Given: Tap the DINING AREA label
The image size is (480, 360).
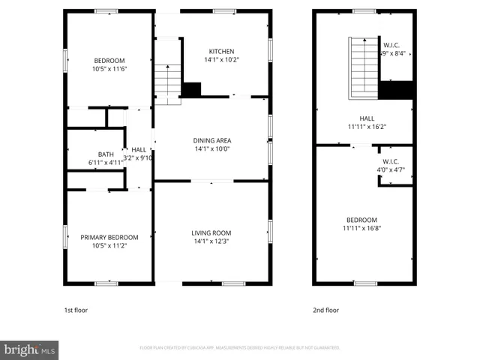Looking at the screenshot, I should pos(211,140).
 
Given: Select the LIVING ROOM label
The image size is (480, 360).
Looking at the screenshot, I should pos(211,232).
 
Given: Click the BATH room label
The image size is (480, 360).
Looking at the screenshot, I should pos(106,154).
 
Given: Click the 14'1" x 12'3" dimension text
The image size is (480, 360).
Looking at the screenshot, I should pos(211,241).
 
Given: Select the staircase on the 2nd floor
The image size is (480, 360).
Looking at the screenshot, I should pos(364,67).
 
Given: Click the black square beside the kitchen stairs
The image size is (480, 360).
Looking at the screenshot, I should pos(192,89).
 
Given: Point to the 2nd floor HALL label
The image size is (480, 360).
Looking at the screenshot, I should pos(367,118).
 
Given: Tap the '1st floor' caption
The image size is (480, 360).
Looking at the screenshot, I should pos(76,310).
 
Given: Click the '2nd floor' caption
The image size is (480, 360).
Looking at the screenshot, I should pos(325,310).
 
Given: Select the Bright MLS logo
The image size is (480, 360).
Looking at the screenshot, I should pos(30,349).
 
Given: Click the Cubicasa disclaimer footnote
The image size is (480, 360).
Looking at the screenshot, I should pos(240,348).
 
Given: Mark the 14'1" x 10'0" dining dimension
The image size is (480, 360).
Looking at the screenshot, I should pos(211,149).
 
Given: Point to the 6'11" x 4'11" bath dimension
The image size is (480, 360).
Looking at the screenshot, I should pos(106,162).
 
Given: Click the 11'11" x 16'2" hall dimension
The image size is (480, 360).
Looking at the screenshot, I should pos(367,127).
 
